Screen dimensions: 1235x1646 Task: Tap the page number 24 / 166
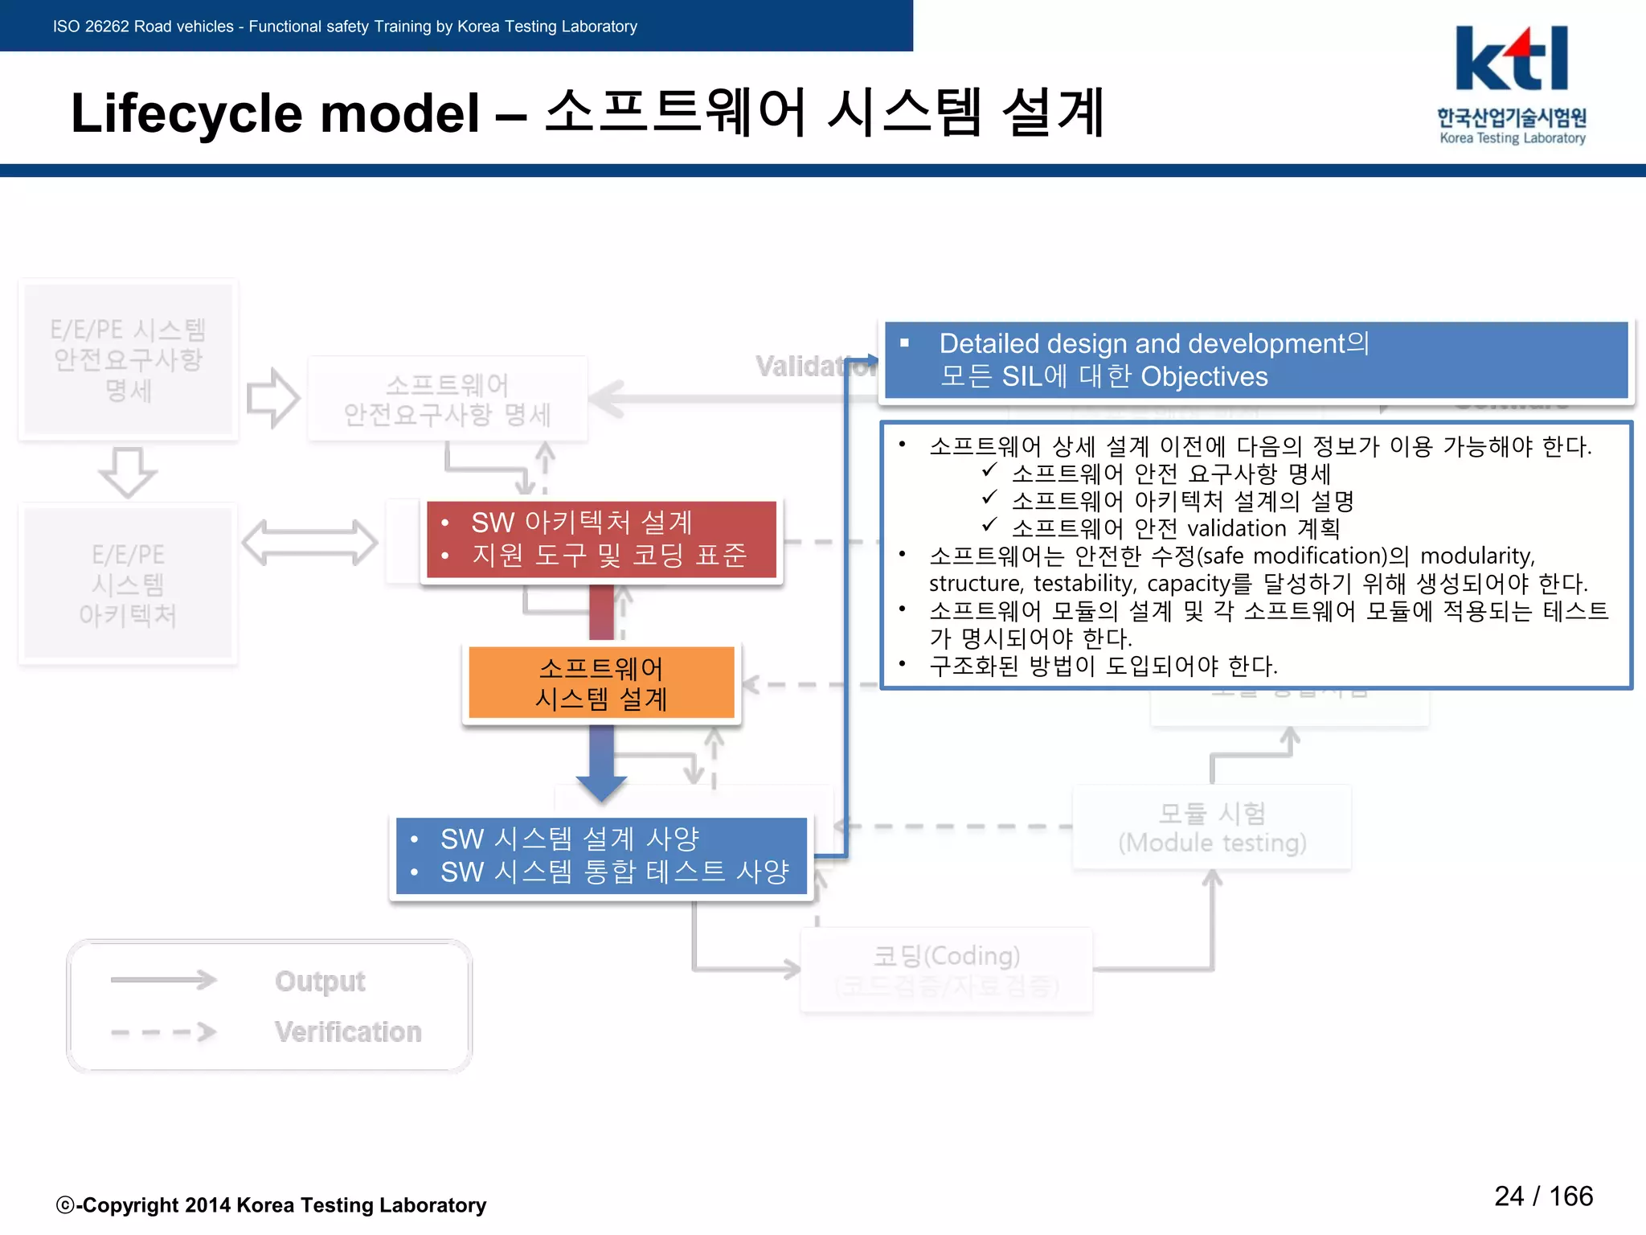point(1543,1196)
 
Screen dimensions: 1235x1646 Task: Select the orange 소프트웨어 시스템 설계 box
point(601,683)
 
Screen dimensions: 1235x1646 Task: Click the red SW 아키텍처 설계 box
point(601,539)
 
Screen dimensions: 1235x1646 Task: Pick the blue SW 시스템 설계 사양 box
point(601,855)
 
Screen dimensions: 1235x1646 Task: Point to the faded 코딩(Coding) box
point(946,969)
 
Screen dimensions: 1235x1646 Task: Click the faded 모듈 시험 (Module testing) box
point(1212,827)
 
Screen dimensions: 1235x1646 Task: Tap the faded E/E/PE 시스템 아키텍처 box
point(128,585)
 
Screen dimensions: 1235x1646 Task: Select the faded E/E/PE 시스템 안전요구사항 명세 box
point(128,359)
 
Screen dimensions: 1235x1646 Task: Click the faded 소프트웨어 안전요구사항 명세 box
point(448,400)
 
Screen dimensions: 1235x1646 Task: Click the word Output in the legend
point(320,981)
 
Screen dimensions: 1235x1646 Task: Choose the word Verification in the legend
point(347,1032)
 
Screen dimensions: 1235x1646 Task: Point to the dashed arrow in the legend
point(163,1032)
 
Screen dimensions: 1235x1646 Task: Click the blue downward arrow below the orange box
point(601,764)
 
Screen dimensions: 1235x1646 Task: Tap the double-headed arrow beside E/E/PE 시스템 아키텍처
point(309,543)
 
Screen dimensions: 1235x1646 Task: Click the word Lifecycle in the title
point(187,113)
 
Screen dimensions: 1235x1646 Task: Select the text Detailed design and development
point(1141,343)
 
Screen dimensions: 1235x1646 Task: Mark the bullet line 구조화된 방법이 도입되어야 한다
point(1103,666)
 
